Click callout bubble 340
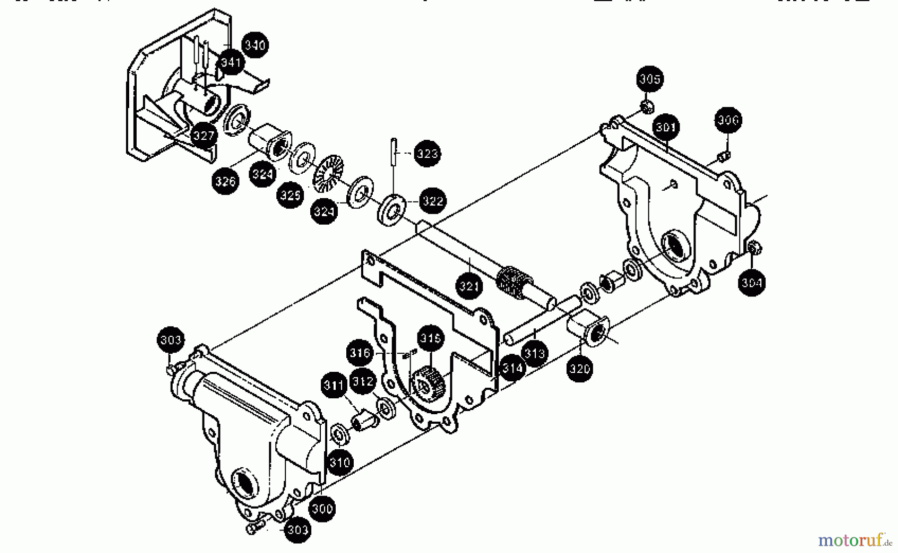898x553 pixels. (x=255, y=45)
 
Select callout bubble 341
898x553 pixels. (x=231, y=62)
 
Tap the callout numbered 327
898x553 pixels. (x=203, y=135)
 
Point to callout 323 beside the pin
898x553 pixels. (x=427, y=153)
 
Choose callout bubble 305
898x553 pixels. (x=650, y=79)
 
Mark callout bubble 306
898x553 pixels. (x=728, y=120)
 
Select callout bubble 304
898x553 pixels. (x=751, y=283)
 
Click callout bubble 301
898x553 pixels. (x=666, y=128)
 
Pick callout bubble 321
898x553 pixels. (x=469, y=286)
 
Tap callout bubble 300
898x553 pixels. (x=322, y=509)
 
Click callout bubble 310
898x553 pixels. (x=340, y=462)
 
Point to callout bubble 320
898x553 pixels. (x=580, y=369)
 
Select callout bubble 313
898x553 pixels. (x=535, y=353)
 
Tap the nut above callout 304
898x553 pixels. (x=754, y=247)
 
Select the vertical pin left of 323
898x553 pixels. (x=394, y=150)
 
